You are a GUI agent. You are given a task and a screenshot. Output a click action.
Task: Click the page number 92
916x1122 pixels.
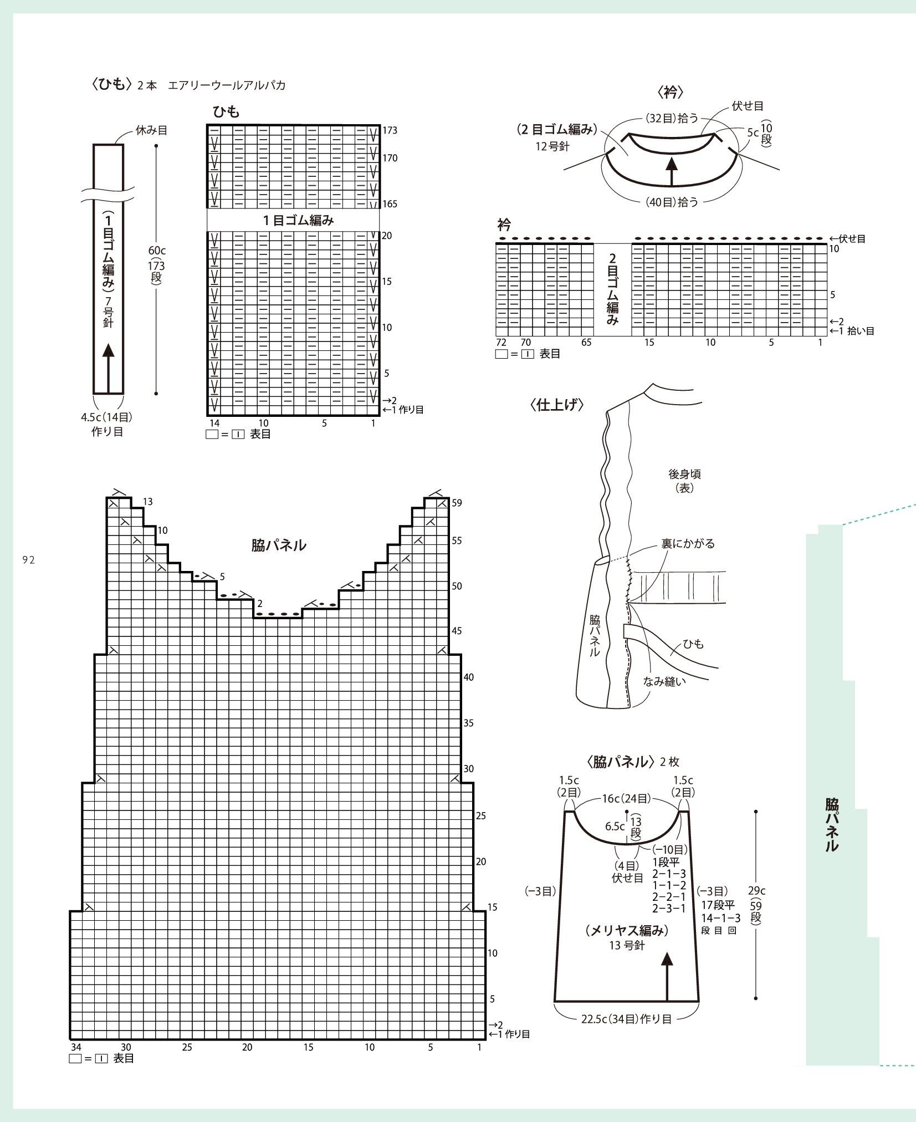[x=29, y=560]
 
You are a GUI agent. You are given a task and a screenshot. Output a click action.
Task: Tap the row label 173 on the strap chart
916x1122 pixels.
[x=390, y=131]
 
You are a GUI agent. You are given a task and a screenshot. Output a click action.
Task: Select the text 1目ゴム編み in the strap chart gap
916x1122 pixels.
[x=298, y=220]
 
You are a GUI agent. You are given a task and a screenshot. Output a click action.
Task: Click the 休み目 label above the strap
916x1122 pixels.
[x=151, y=131]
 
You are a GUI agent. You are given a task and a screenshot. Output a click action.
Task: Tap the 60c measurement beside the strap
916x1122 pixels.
[x=157, y=251]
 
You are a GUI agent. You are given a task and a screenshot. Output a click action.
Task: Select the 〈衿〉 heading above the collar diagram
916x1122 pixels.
[x=671, y=91]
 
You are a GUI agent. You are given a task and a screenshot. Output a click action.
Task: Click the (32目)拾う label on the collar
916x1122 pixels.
[x=672, y=118]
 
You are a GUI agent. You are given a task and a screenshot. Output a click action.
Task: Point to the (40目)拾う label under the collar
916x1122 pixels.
[x=672, y=202]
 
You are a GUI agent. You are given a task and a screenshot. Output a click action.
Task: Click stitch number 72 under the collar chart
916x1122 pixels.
[x=501, y=343]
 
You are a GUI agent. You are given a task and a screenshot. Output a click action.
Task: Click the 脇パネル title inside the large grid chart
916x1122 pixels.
[x=279, y=545]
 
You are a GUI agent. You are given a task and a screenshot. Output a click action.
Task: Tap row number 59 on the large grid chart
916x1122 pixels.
[x=457, y=503]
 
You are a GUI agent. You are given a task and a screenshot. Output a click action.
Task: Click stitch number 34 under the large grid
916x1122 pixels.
[x=76, y=1047]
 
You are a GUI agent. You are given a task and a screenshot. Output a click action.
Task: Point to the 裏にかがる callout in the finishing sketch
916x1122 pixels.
[x=688, y=544]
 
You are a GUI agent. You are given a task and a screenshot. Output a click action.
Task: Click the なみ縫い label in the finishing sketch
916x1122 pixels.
[x=664, y=681]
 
